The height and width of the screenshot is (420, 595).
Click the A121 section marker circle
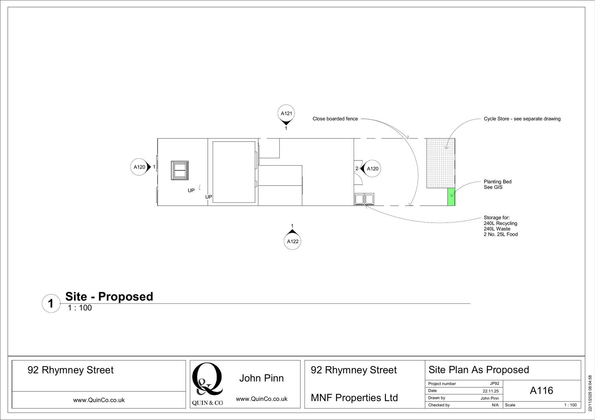tap(286, 113)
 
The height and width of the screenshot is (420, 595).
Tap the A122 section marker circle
tap(293, 241)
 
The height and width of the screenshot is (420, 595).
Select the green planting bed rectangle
tap(451, 197)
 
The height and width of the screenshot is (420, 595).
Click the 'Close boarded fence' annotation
tap(335, 119)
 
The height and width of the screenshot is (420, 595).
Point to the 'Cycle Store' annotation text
tap(522, 119)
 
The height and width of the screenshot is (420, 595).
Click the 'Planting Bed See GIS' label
tap(497, 184)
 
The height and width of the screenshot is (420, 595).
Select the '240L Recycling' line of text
tap(500, 223)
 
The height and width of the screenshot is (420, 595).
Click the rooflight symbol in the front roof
tap(180, 170)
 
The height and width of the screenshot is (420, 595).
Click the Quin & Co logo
tap(207, 384)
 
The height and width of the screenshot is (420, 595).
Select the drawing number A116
tap(541, 390)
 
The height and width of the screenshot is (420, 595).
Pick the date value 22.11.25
tap(491, 391)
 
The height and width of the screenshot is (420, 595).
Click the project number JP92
tap(494, 384)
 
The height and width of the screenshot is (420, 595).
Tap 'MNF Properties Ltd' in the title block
tap(354, 398)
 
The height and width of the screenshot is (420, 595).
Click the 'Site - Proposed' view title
tap(109, 296)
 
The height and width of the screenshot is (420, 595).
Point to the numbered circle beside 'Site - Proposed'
tap(51, 303)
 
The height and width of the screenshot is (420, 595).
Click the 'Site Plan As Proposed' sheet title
tap(479, 370)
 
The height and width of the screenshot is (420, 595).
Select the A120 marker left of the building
tap(139, 167)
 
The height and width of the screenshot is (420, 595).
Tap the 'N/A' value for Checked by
tap(495, 405)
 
